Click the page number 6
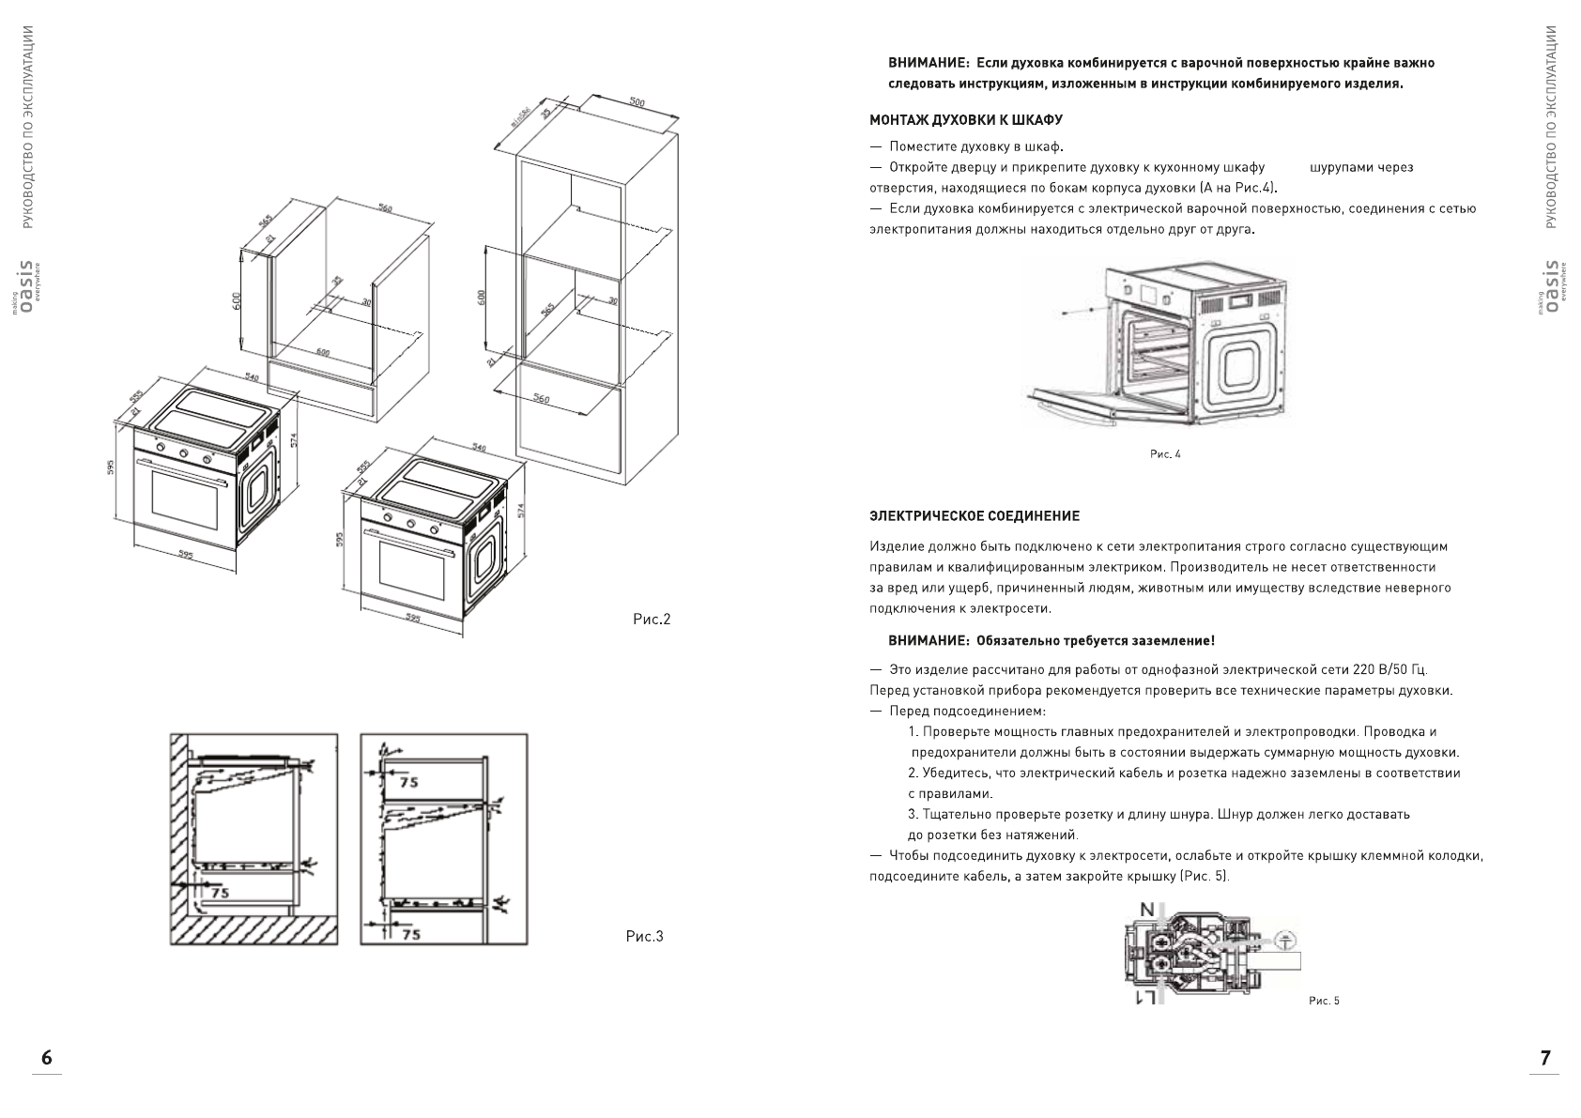tap(47, 1058)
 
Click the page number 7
tap(1545, 1058)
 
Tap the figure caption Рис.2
tap(652, 620)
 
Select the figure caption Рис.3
tap(644, 937)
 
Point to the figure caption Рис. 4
tap(1165, 454)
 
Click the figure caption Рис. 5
tap(1324, 1001)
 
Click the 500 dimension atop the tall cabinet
tap(637, 103)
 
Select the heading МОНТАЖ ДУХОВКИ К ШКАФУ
tap(965, 120)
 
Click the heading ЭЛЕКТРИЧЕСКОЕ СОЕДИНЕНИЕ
tap(975, 516)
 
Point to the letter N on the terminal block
tap(1147, 909)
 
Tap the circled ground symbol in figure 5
tap(1287, 938)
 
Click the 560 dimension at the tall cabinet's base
tap(542, 400)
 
